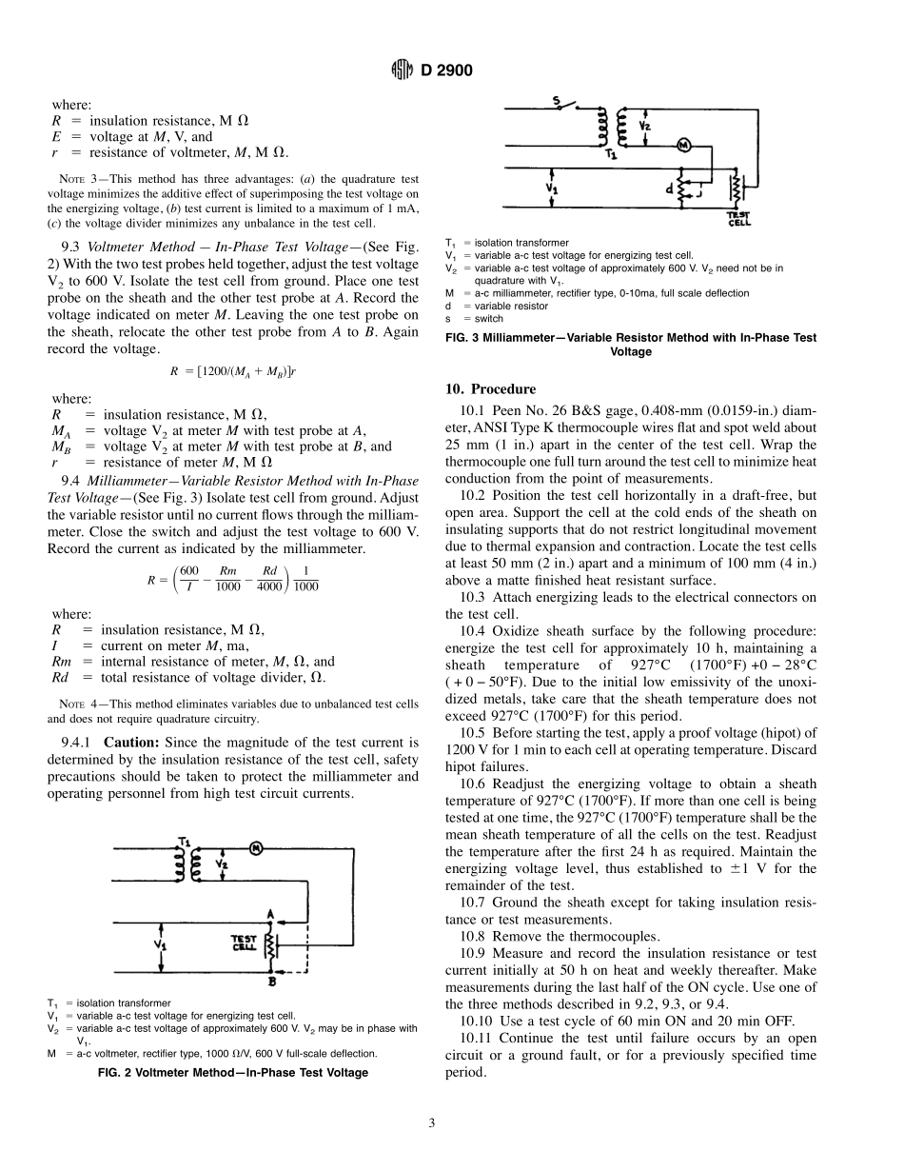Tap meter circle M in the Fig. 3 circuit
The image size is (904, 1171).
tap(681, 144)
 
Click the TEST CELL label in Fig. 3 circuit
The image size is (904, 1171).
tap(738, 221)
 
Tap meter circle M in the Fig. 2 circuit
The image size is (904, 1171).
tap(255, 846)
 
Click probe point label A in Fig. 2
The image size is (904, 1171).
tap(271, 914)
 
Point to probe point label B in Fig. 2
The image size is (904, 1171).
tap(272, 980)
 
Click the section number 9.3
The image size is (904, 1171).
tap(71, 244)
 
